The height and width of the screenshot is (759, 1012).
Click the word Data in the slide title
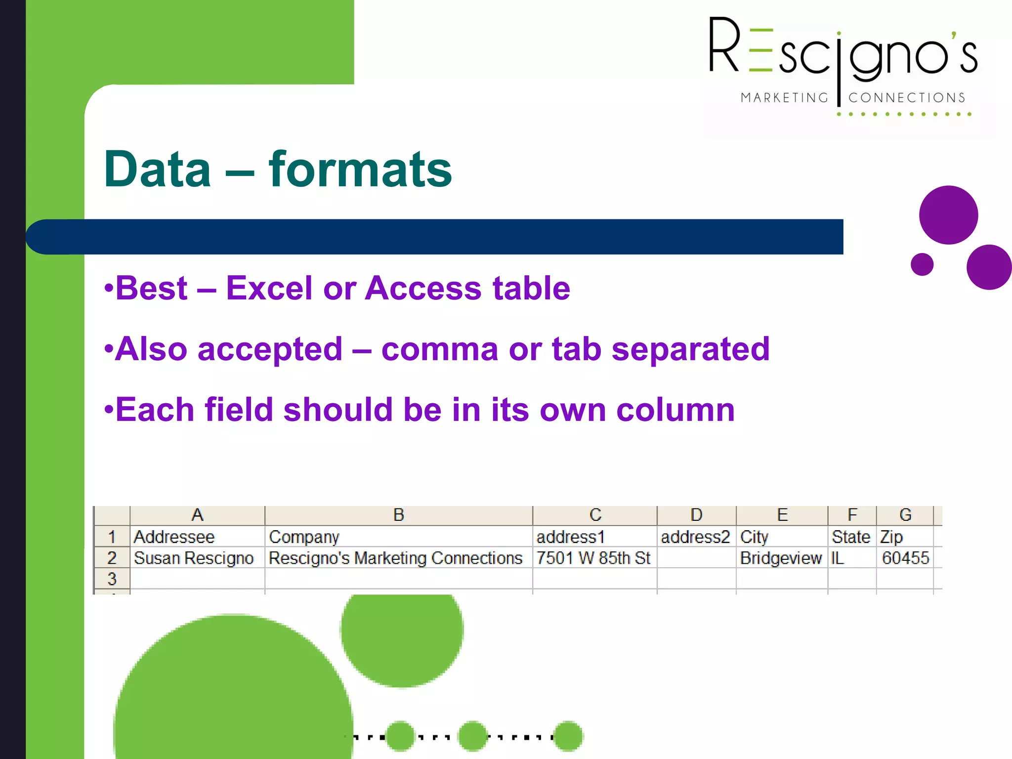[x=158, y=169]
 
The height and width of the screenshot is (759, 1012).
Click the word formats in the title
[x=360, y=169]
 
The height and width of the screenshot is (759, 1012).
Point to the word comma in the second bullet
[x=439, y=349]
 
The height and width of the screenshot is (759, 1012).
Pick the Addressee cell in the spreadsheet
[x=174, y=537]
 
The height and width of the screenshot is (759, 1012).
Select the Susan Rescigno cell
[x=194, y=558]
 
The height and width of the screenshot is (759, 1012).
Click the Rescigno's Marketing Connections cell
[x=395, y=558]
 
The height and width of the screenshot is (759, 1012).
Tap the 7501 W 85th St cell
[x=593, y=558]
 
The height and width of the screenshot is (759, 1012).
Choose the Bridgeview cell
[x=781, y=558]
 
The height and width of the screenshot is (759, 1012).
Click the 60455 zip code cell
[x=905, y=558]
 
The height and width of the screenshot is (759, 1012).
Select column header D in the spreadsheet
[x=696, y=515]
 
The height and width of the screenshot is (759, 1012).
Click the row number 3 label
[x=112, y=579]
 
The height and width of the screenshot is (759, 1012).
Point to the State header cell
[x=850, y=537]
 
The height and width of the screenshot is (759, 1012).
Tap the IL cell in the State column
[x=838, y=558]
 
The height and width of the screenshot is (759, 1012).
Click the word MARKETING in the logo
[x=784, y=98]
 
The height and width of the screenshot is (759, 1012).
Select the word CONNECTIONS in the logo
[x=907, y=98]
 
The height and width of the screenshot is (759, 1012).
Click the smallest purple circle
[x=922, y=264]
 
